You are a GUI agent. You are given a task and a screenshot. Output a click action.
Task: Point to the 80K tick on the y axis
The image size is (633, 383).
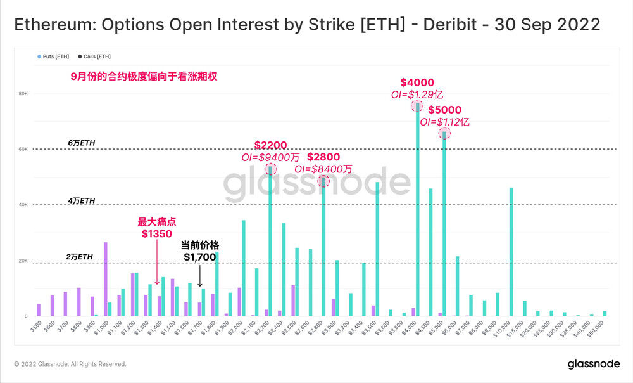coord(22,93)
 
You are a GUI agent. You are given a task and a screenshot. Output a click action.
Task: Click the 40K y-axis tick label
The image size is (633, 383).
coord(22,205)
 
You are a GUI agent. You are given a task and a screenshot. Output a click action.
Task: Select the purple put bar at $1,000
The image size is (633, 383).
coord(105,279)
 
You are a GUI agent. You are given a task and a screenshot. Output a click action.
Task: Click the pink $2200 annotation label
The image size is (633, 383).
coord(270,145)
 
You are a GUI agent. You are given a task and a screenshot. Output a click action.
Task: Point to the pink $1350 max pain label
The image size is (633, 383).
coord(156,234)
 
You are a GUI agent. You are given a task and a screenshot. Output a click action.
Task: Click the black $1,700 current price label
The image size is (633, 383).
coord(200,257)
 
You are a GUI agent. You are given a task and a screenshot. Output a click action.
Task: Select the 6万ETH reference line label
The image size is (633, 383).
coord(82,143)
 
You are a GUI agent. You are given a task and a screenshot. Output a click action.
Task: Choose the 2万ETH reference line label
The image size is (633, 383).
coord(80,256)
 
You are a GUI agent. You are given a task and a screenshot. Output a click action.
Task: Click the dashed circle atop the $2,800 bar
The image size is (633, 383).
coord(323,181)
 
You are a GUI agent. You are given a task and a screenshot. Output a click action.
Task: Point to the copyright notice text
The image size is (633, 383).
coord(70,364)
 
